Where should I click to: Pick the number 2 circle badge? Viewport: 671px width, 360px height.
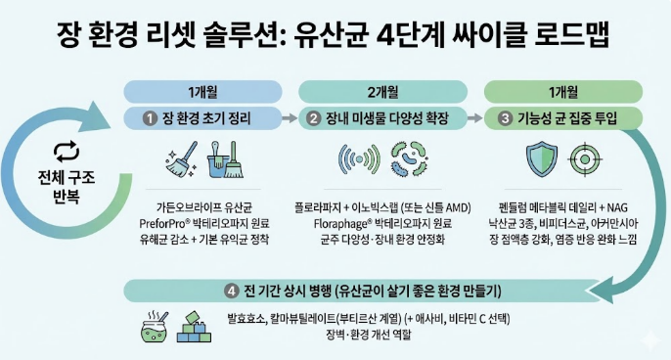coord(314,118)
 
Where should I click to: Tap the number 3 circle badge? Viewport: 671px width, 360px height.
coord(503,118)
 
